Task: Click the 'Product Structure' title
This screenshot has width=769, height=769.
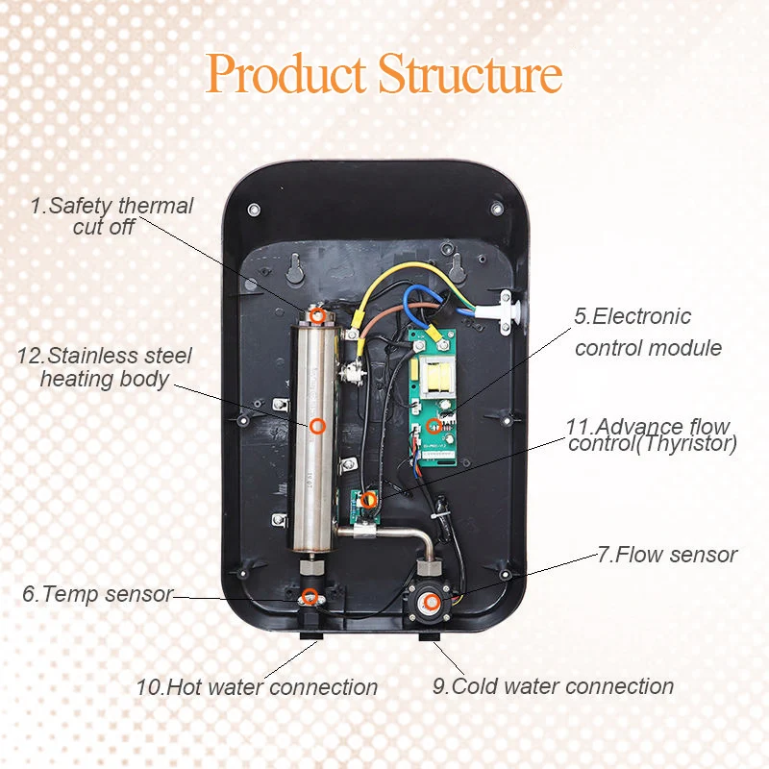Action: click(x=384, y=74)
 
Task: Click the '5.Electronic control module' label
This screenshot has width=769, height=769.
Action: click(x=647, y=332)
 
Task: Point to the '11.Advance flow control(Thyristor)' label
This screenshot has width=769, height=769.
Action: click(x=652, y=434)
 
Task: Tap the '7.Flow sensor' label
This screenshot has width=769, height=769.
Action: click(x=666, y=555)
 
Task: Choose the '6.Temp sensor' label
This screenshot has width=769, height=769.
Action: click(x=97, y=594)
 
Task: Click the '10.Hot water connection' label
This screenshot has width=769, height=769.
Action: click(x=256, y=687)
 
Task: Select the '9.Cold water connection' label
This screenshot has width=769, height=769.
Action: click(x=552, y=686)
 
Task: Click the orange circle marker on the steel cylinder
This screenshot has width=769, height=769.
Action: click(x=318, y=424)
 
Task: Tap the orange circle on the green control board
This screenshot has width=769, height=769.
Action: click(x=434, y=424)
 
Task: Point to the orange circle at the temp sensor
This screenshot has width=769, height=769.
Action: click(x=310, y=597)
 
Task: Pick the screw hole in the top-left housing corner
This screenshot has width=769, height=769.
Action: click(x=253, y=209)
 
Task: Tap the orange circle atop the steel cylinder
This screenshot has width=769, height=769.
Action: click(x=317, y=316)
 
